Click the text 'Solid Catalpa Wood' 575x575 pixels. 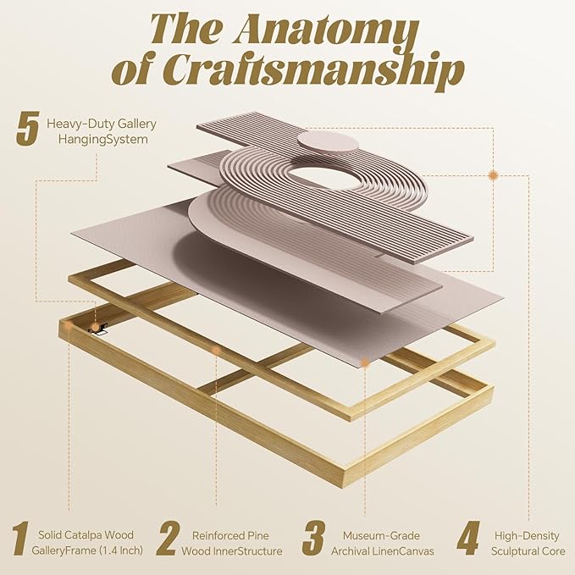86,534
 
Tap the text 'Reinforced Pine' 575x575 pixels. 230,535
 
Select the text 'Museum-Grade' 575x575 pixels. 381,535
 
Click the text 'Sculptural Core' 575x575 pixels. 528,550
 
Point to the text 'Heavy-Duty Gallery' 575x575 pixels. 102,124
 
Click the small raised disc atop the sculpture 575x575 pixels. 328,142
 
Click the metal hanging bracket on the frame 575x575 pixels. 98,329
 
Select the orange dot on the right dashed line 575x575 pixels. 493,175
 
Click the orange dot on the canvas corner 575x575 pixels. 364,362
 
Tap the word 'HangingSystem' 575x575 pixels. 103,140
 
